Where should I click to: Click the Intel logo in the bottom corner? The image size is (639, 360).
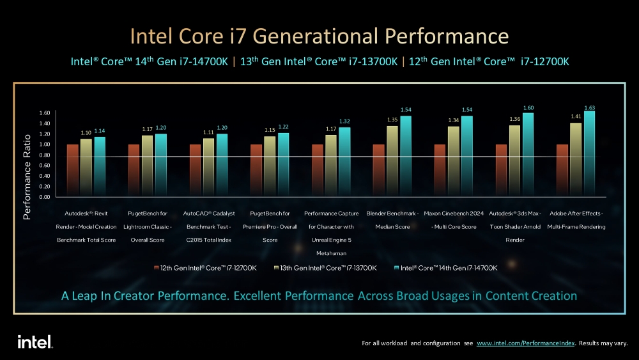(35, 341)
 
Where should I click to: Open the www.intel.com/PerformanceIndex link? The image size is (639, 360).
(526, 343)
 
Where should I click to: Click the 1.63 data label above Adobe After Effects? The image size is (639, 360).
(589, 107)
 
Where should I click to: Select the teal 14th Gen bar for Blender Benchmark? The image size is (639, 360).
(406, 156)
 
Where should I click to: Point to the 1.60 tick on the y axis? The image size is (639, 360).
(44, 113)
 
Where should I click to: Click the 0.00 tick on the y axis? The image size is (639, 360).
(44, 197)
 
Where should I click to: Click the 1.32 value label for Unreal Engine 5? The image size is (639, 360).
(344, 121)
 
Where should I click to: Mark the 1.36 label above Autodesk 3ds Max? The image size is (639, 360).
(514, 119)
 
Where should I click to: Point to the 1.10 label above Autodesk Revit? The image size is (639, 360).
(86, 132)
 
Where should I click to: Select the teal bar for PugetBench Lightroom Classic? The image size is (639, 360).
(161, 165)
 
